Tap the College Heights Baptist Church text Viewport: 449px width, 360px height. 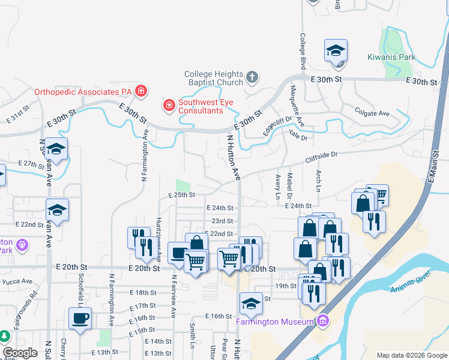coord(214,78)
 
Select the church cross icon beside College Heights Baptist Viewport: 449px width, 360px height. coord(252,77)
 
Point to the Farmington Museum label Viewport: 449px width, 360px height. coord(275,321)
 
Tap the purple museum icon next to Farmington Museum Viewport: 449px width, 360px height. coord(324,321)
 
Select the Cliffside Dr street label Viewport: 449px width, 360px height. coord(321,157)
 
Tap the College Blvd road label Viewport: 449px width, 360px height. coord(303,52)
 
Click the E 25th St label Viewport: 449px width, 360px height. coord(182,194)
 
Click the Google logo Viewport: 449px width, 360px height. coord(20,353)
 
